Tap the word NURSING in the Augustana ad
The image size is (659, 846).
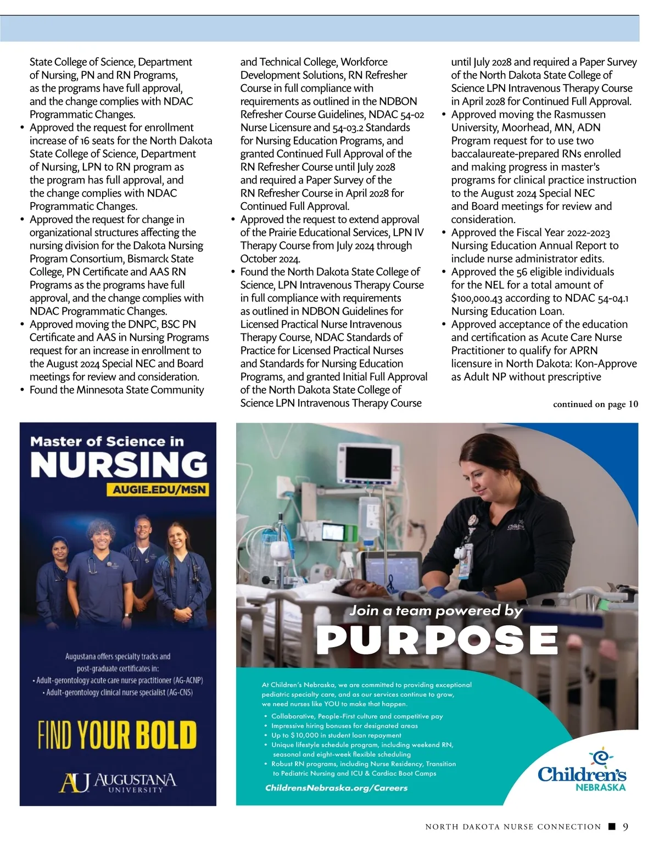click(x=119, y=465)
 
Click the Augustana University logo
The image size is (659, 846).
click(x=118, y=782)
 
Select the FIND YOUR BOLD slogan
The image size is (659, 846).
click(x=117, y=734)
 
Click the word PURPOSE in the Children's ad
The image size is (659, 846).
click(x=437, y=639)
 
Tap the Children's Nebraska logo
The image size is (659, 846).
click(x=582, y=771)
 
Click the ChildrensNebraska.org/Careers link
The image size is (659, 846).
click(x=336, y=788)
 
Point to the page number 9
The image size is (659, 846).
click(x=626, y=827)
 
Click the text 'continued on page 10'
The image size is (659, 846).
click(x=595, y=404)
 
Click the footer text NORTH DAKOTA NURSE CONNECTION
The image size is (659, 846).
click(x=513, y=827)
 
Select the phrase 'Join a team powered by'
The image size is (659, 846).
click(x=436, y=610)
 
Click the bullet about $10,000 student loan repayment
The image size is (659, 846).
click(x=336, y=735)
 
